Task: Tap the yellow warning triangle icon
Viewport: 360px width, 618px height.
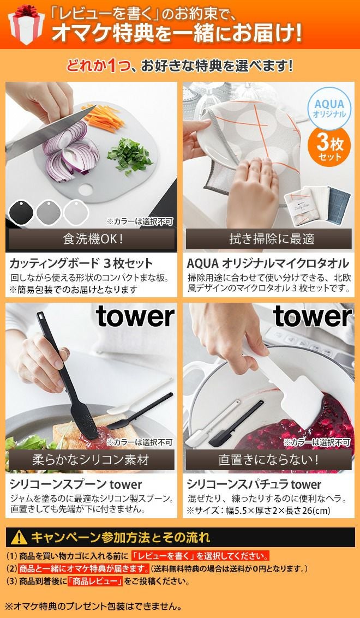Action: pos(19,538)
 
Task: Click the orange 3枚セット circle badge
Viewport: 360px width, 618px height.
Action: pos(329,146)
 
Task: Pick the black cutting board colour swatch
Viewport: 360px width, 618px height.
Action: pos(21,213)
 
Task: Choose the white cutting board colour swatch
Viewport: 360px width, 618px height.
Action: pos(76,213)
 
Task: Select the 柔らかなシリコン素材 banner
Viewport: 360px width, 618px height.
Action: pos(91,460)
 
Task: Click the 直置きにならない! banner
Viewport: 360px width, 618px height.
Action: pos(268,460)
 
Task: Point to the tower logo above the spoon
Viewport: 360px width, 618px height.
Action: pos(135,316)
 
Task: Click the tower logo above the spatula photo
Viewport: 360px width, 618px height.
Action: pos(313,316)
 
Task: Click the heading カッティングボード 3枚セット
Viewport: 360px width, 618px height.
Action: pos(80,263)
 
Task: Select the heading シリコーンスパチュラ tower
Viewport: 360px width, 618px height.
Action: pos(254,484)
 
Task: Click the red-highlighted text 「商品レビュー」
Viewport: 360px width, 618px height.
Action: pos(94,581)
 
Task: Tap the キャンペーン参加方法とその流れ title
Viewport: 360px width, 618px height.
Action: pos(121,538)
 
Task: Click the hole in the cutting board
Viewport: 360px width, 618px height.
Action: pos(86,190)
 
